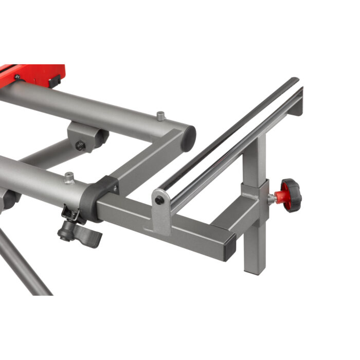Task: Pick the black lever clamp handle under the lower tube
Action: [x=82, y=235]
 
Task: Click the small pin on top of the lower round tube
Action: [x=68, y=177]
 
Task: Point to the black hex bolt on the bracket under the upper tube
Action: [x=80, y=146]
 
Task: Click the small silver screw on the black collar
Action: [x=116, y=189]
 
